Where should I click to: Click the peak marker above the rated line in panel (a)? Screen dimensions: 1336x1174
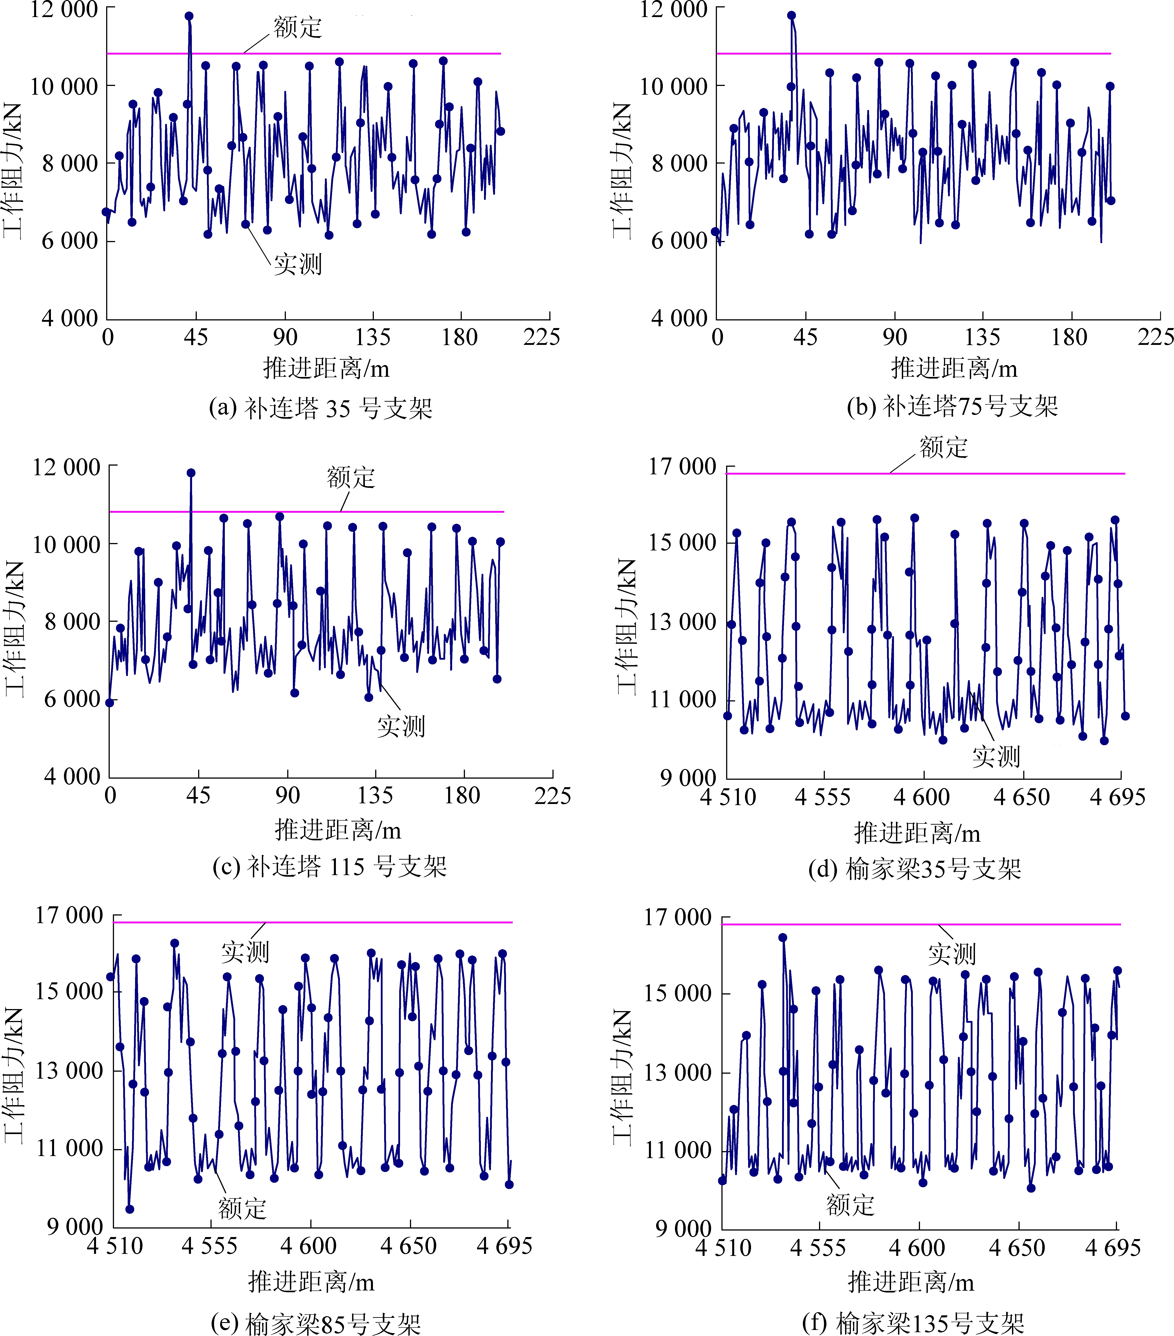[189, 16]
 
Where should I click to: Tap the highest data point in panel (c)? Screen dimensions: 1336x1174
[191, 473]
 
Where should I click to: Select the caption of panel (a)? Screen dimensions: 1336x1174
[320, 409]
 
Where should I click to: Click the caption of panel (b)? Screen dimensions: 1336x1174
[952, 407]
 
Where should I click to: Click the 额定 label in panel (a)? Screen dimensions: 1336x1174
[297, 27]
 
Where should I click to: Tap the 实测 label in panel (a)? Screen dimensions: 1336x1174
[297, 264]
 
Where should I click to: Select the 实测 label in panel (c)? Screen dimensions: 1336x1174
[401, 726]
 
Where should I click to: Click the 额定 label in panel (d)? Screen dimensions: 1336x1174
[943, 448]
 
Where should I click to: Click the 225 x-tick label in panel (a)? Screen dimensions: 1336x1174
[541, 337]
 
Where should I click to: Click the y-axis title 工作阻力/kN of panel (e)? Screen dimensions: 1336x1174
[14, 1075]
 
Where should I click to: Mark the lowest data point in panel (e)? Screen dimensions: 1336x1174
[129, 1209]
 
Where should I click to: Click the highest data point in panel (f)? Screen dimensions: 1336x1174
[782, 937]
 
